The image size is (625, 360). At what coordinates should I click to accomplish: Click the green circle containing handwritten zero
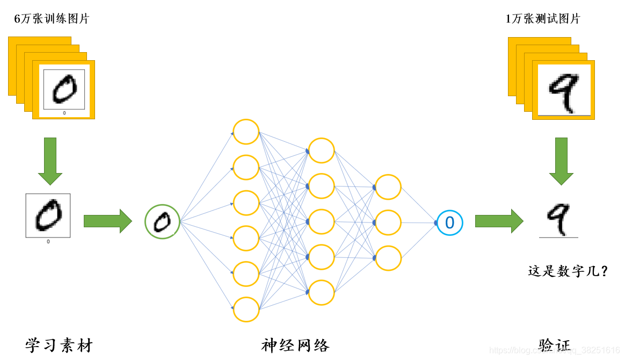[x=162, y=221]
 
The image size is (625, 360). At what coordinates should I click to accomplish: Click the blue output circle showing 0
[x=450, y=222]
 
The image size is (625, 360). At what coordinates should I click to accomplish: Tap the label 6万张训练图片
[x=52, y=19]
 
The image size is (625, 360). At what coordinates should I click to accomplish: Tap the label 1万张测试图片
[x=543, y=19]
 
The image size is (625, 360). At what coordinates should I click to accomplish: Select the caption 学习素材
[x=59, y=345]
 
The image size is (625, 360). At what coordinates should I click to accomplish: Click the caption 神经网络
[x=295, y=345]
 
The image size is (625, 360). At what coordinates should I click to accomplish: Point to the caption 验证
[x=555, y=345]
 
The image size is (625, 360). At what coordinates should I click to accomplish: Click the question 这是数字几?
[x=568, y=271]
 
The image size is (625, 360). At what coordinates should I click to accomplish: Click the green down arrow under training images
[x=50, y=161]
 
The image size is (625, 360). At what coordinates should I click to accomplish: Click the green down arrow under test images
[x=561, y=161]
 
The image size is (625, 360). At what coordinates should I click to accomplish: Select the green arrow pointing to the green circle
[x=107, y=221]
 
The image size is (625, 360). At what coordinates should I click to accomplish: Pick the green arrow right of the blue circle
[x=499, y=221]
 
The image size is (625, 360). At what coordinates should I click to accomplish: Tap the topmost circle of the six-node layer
[x=246, y=132]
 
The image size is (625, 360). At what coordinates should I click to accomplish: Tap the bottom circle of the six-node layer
[x=246, y=309]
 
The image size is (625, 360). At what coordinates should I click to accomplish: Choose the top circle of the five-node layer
[x=322, y=150]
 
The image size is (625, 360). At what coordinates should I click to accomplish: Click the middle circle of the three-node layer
[x=388, y=222]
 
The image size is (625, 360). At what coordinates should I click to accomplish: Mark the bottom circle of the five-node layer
[x=322, y=292]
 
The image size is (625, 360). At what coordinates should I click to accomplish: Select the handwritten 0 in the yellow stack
[x=64, y=89]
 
